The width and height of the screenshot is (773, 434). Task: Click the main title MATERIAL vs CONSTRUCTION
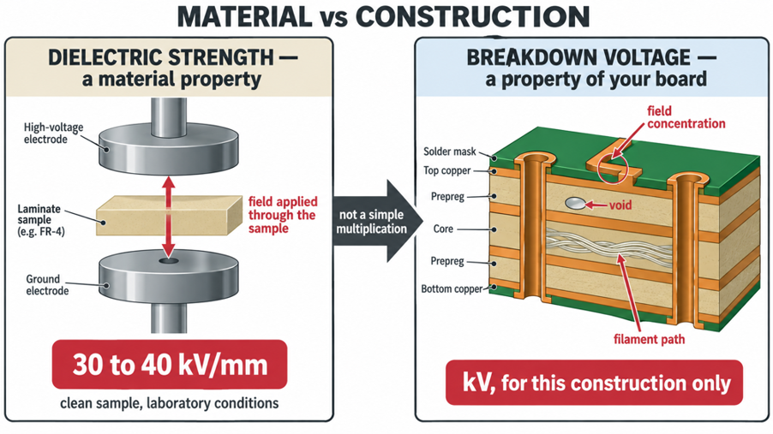click(x=383, y=16)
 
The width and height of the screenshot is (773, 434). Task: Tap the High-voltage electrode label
click(x=53, y=133)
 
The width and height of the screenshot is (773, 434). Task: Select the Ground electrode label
click(x=47, y=285)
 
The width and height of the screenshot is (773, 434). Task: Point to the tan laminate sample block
click(x=169, y=216)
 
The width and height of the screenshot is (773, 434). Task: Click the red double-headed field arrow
click(x=169, y=217)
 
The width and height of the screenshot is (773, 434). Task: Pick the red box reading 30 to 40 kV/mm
click(x=170, y=365)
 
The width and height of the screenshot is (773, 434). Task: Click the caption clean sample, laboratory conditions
click(x=169, y=403)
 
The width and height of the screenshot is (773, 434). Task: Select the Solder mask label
click(x=450, y=152)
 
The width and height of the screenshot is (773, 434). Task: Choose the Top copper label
click(x=447, y=170)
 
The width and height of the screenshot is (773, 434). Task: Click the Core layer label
click(x=443, y=229)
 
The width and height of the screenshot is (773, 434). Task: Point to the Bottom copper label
click(x=452, y=288)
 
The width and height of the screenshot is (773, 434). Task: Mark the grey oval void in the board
click(x=575, y=203)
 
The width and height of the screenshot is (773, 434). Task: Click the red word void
click(x=620, y=205)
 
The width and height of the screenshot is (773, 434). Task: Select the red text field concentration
click(x=686, y=117)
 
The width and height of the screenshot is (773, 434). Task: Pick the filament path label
click(x=649, y=339)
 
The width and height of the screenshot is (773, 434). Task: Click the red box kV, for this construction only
click(x=594, y=383)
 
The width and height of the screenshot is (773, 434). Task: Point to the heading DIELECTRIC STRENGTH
click(x=161, y=57)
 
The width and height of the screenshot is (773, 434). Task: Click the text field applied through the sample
click(x=283, y=215)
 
